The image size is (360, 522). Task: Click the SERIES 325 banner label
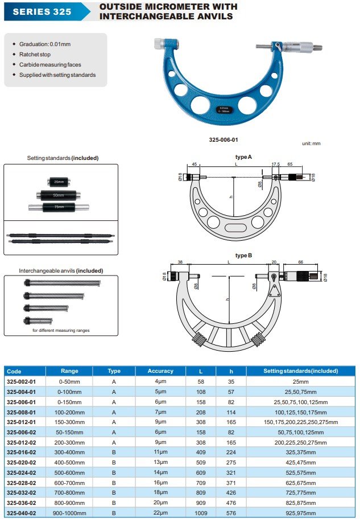point(42,11)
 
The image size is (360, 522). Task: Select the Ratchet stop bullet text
point(35,54)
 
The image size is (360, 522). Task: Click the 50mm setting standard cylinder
point(59,195)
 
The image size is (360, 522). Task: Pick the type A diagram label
point(243,157)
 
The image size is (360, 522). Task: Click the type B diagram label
point(243,256)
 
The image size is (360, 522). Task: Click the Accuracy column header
point(160,371)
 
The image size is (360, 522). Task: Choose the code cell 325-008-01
point(21,412)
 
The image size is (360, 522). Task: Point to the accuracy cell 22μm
point(160,512)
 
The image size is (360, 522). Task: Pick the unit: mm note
point(311,143)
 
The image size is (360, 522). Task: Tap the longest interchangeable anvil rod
point(62,282)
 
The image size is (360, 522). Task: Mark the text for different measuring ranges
point(61,330)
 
